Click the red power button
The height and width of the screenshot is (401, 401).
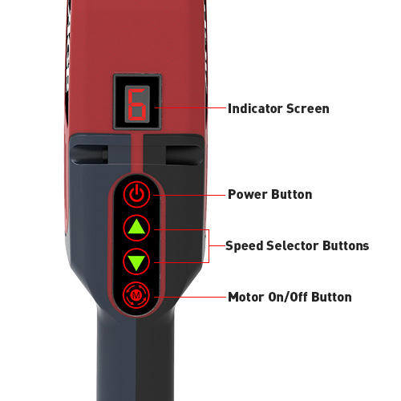(136, 194)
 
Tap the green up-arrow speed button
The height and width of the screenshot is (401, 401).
(136, 228)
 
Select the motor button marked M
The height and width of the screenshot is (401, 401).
(136, 295)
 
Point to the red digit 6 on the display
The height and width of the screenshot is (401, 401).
(137, 105)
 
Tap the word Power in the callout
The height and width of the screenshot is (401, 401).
(245, 194)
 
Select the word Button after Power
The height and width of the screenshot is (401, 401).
(290, 194)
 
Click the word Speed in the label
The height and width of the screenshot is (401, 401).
(245, 246)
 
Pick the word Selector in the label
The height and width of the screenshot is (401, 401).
(293, 245)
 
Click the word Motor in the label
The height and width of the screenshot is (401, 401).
(245, 297)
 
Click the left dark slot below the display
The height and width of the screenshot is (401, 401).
(90, 155)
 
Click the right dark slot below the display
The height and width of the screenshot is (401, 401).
(184, 155)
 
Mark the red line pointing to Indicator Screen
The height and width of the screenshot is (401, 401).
(190, 107)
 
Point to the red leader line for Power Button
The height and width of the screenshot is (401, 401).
(189, 196)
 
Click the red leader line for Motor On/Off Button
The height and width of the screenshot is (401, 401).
(190, 297)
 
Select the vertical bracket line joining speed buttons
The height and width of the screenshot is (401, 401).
(209, 246)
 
